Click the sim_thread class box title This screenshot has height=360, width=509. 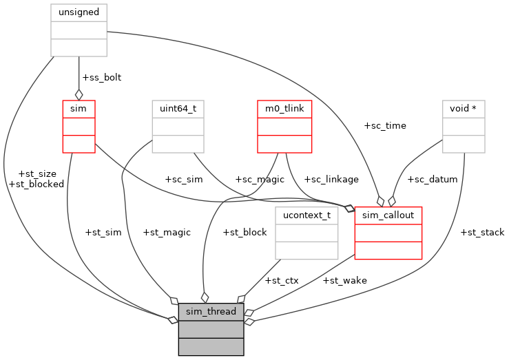211,312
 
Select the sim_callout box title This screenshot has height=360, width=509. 388,215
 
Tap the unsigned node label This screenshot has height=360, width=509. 79,12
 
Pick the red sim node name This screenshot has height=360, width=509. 79,109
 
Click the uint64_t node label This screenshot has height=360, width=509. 178,109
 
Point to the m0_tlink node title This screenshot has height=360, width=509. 284,109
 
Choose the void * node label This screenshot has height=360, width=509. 464,109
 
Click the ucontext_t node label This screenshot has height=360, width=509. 307,215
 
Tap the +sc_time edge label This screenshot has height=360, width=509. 385,125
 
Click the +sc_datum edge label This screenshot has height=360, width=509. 433,179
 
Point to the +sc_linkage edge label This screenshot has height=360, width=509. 331,179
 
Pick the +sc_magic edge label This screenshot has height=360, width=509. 260,179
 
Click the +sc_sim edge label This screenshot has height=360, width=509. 184,179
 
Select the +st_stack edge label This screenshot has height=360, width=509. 482,232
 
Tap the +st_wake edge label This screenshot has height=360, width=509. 344,280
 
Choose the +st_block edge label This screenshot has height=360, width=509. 245,232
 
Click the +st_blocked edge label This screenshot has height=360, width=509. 36,184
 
